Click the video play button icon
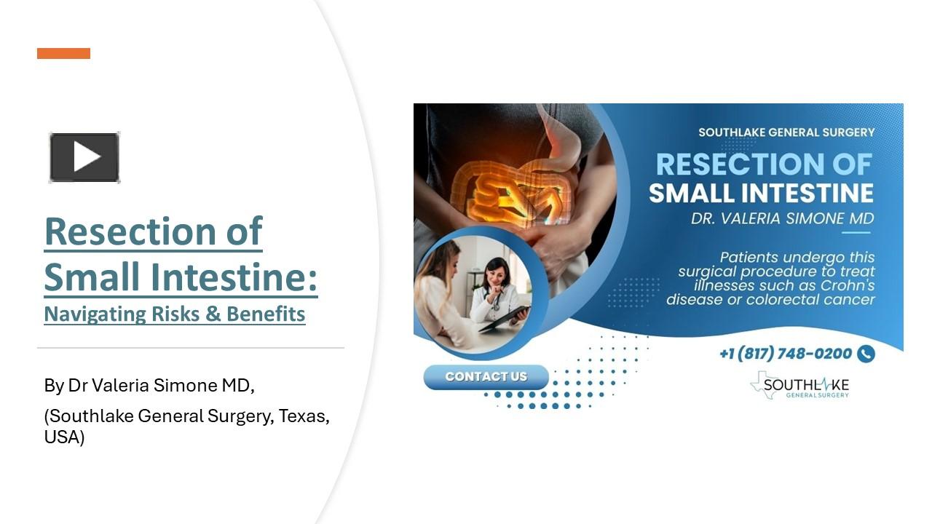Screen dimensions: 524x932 click(84, 157)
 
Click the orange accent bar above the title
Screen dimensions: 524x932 click(63, 53)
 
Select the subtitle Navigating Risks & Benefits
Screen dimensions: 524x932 click(174, 314)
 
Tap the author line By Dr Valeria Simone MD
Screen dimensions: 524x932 click(149, 386)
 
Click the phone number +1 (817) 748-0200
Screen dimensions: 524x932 click(785, 354)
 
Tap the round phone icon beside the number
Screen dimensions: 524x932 click(866, 354)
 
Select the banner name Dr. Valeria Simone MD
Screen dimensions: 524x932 click(783, 219)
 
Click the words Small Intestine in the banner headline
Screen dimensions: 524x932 click(761, 193)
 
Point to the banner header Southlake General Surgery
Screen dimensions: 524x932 click(786, 132)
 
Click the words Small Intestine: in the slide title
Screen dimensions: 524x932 click(181, 277)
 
